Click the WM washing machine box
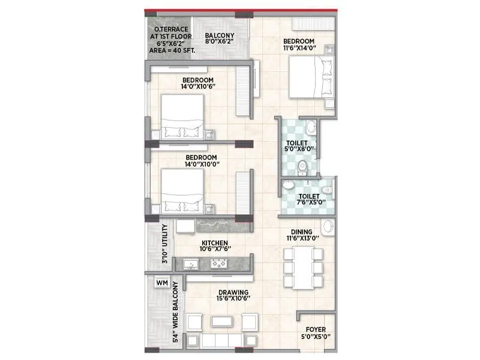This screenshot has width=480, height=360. pos(161,283)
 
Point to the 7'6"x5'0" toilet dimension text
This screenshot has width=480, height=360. pos(312,203)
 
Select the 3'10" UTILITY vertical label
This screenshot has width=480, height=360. pos(163,244)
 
